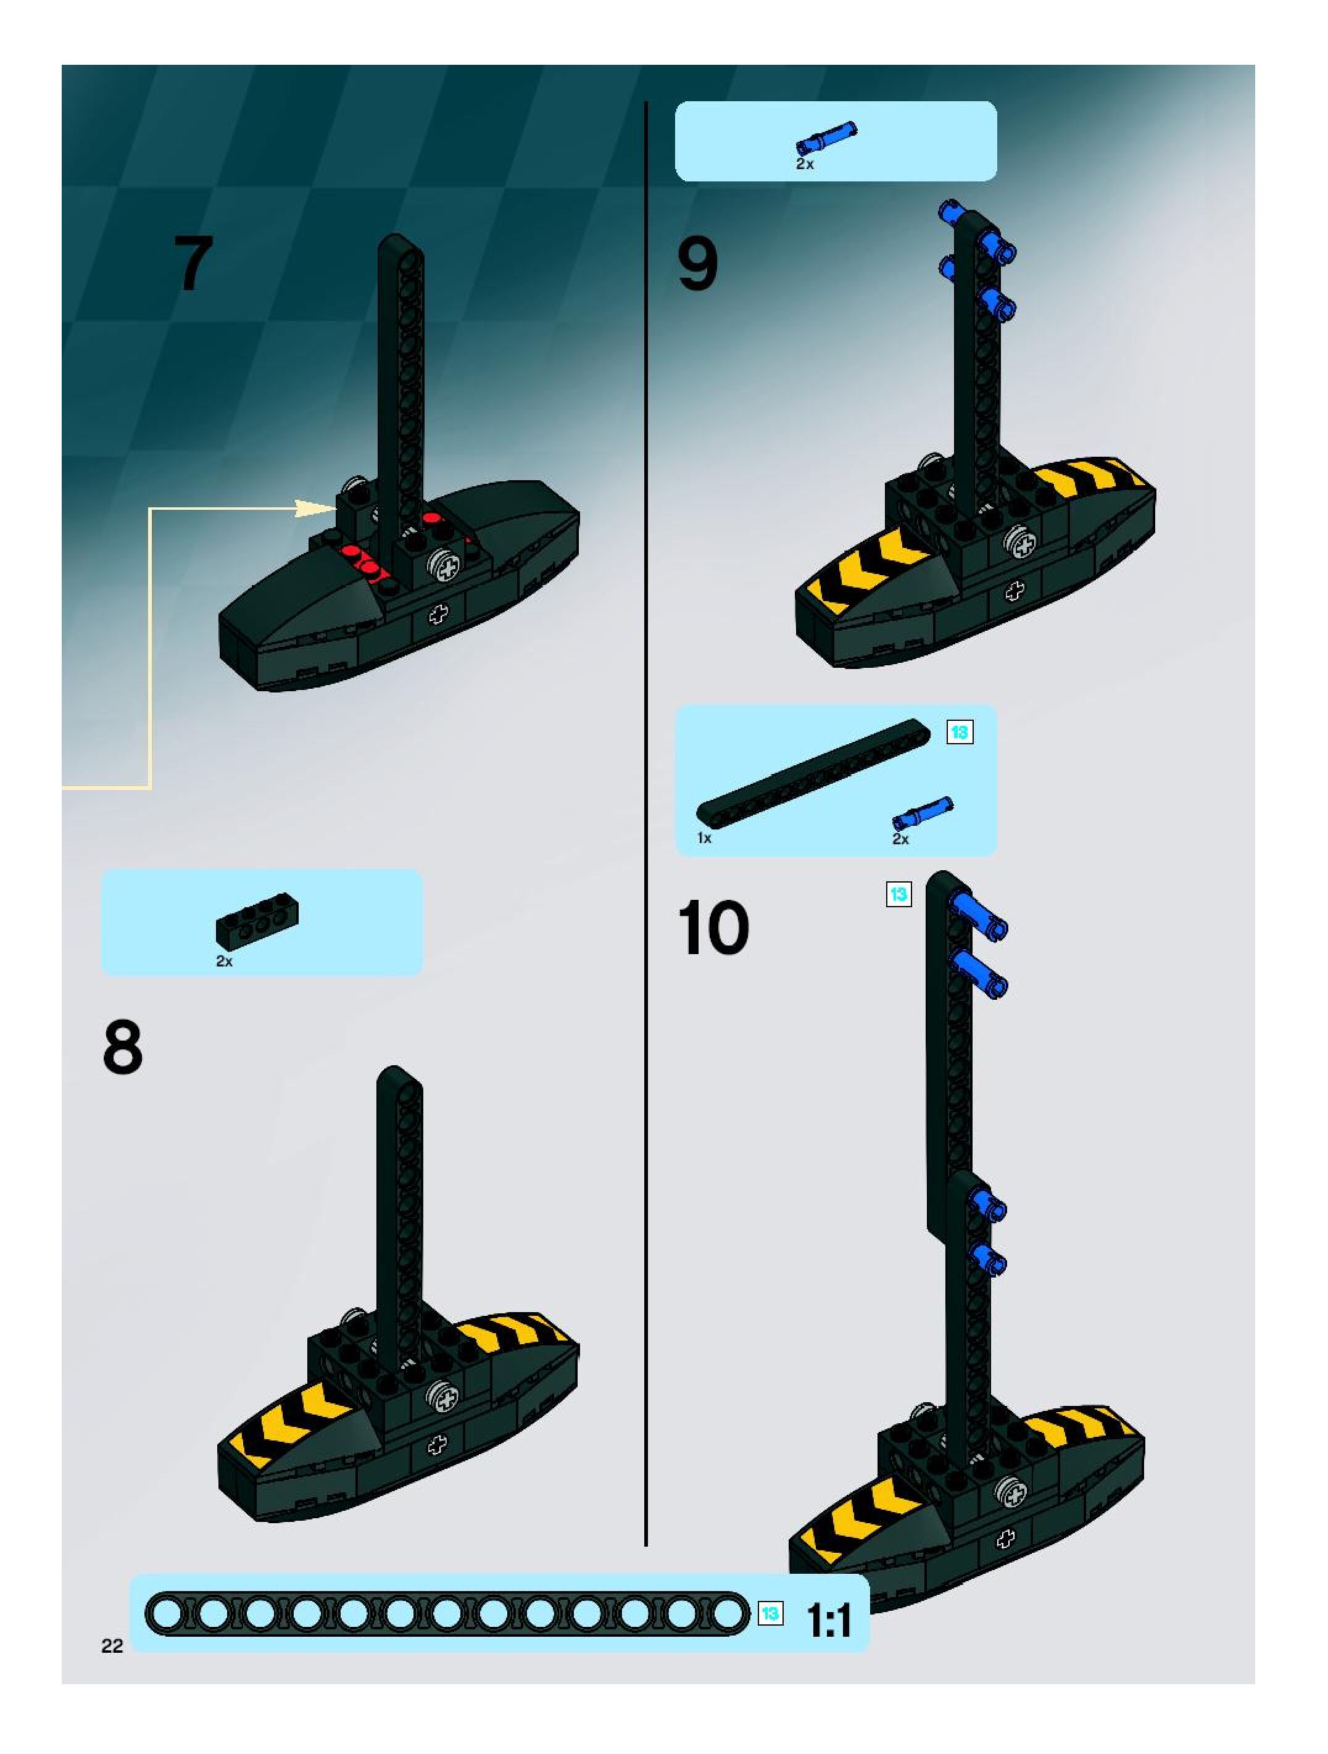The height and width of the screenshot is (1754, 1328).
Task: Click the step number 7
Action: pyautogui.click(x=193, y=264)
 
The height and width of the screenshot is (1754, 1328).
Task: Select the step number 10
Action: pyautogui.click(x=713, y=928)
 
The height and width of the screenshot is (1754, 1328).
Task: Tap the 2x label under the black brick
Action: pyautogui.click(x=225, y=961)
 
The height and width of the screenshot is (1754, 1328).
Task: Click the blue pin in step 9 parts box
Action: pyautogui.click(x=826, y=137)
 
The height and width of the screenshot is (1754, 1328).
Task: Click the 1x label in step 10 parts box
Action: pyautogui.click(x=704, y=838)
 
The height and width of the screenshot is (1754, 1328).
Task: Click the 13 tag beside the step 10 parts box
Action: pyautogui.click(x=960, y=732)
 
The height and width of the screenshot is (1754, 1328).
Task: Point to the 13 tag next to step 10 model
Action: pyautogui.click(x=898, y=894)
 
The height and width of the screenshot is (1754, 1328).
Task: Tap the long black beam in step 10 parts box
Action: pyautogui.click(x=814, y=771)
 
